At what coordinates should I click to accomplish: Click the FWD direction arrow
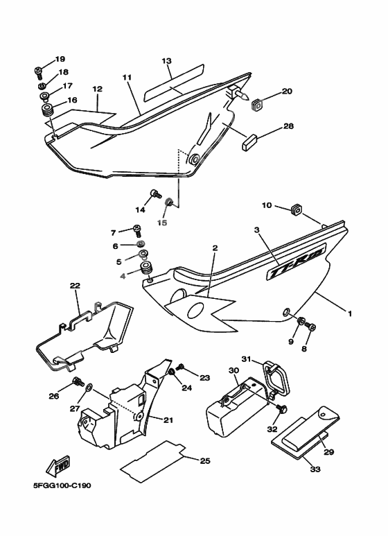(58, 466)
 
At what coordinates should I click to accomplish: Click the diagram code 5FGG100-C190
(62, 485)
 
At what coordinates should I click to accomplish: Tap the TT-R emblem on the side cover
(297, 261)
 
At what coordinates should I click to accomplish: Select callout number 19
(60, 59)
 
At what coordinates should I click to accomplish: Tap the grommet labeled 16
(47, 111)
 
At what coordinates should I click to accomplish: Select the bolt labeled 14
(155, 195)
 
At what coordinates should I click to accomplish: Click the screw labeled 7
(137, 230)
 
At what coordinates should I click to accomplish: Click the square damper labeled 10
(297, 209)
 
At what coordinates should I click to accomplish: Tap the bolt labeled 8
(311, 326)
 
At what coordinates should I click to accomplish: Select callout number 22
(75, 286)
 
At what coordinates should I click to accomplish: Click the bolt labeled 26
(78, 381)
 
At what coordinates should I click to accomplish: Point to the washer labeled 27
(89, 388)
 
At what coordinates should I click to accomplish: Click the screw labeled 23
(180, 368)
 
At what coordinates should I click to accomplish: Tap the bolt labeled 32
(282, 408)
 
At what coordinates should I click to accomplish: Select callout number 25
(205, 461)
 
